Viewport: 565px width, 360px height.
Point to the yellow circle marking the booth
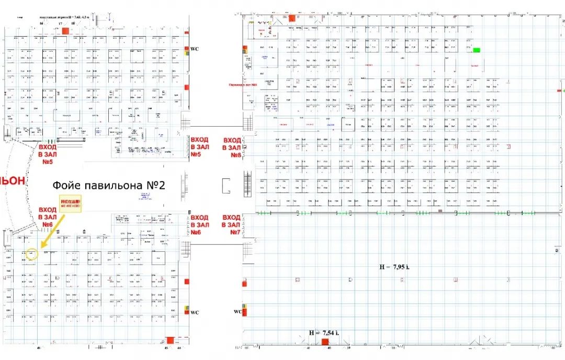[x=32, y=254]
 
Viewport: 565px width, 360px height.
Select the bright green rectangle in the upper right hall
[x=477, y=50]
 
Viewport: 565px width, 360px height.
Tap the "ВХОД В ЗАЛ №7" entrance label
[x=232, y=224]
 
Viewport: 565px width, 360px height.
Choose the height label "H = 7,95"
[x=394, y=267]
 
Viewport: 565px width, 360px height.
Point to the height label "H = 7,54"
[x=324, y=332]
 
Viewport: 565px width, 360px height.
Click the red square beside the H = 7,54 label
[x=325, y=342]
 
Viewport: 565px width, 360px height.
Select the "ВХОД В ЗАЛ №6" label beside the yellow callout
[x=47, y=218]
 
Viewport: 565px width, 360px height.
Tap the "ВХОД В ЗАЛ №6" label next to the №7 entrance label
[x=199, y=224]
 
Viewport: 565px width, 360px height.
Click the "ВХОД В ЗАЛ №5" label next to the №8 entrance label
[x=199, y=148]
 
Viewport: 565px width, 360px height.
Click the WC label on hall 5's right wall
[x=195, y=49]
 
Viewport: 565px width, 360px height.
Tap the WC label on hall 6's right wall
[x=195, y=312]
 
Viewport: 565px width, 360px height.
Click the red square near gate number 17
[x=65, y=31]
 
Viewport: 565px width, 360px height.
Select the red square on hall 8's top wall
[x=291, y=17]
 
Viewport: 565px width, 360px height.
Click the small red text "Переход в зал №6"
[x=243, y=84]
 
